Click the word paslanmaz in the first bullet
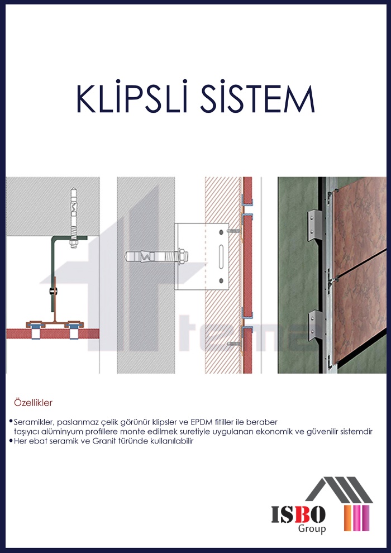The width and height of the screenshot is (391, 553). click(x=76, y=422)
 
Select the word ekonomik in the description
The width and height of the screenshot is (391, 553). click(x=278, y=432)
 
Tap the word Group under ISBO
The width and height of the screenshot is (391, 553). click(x=313, y=528)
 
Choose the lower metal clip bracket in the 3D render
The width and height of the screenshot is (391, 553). click(x=316, y=324)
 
